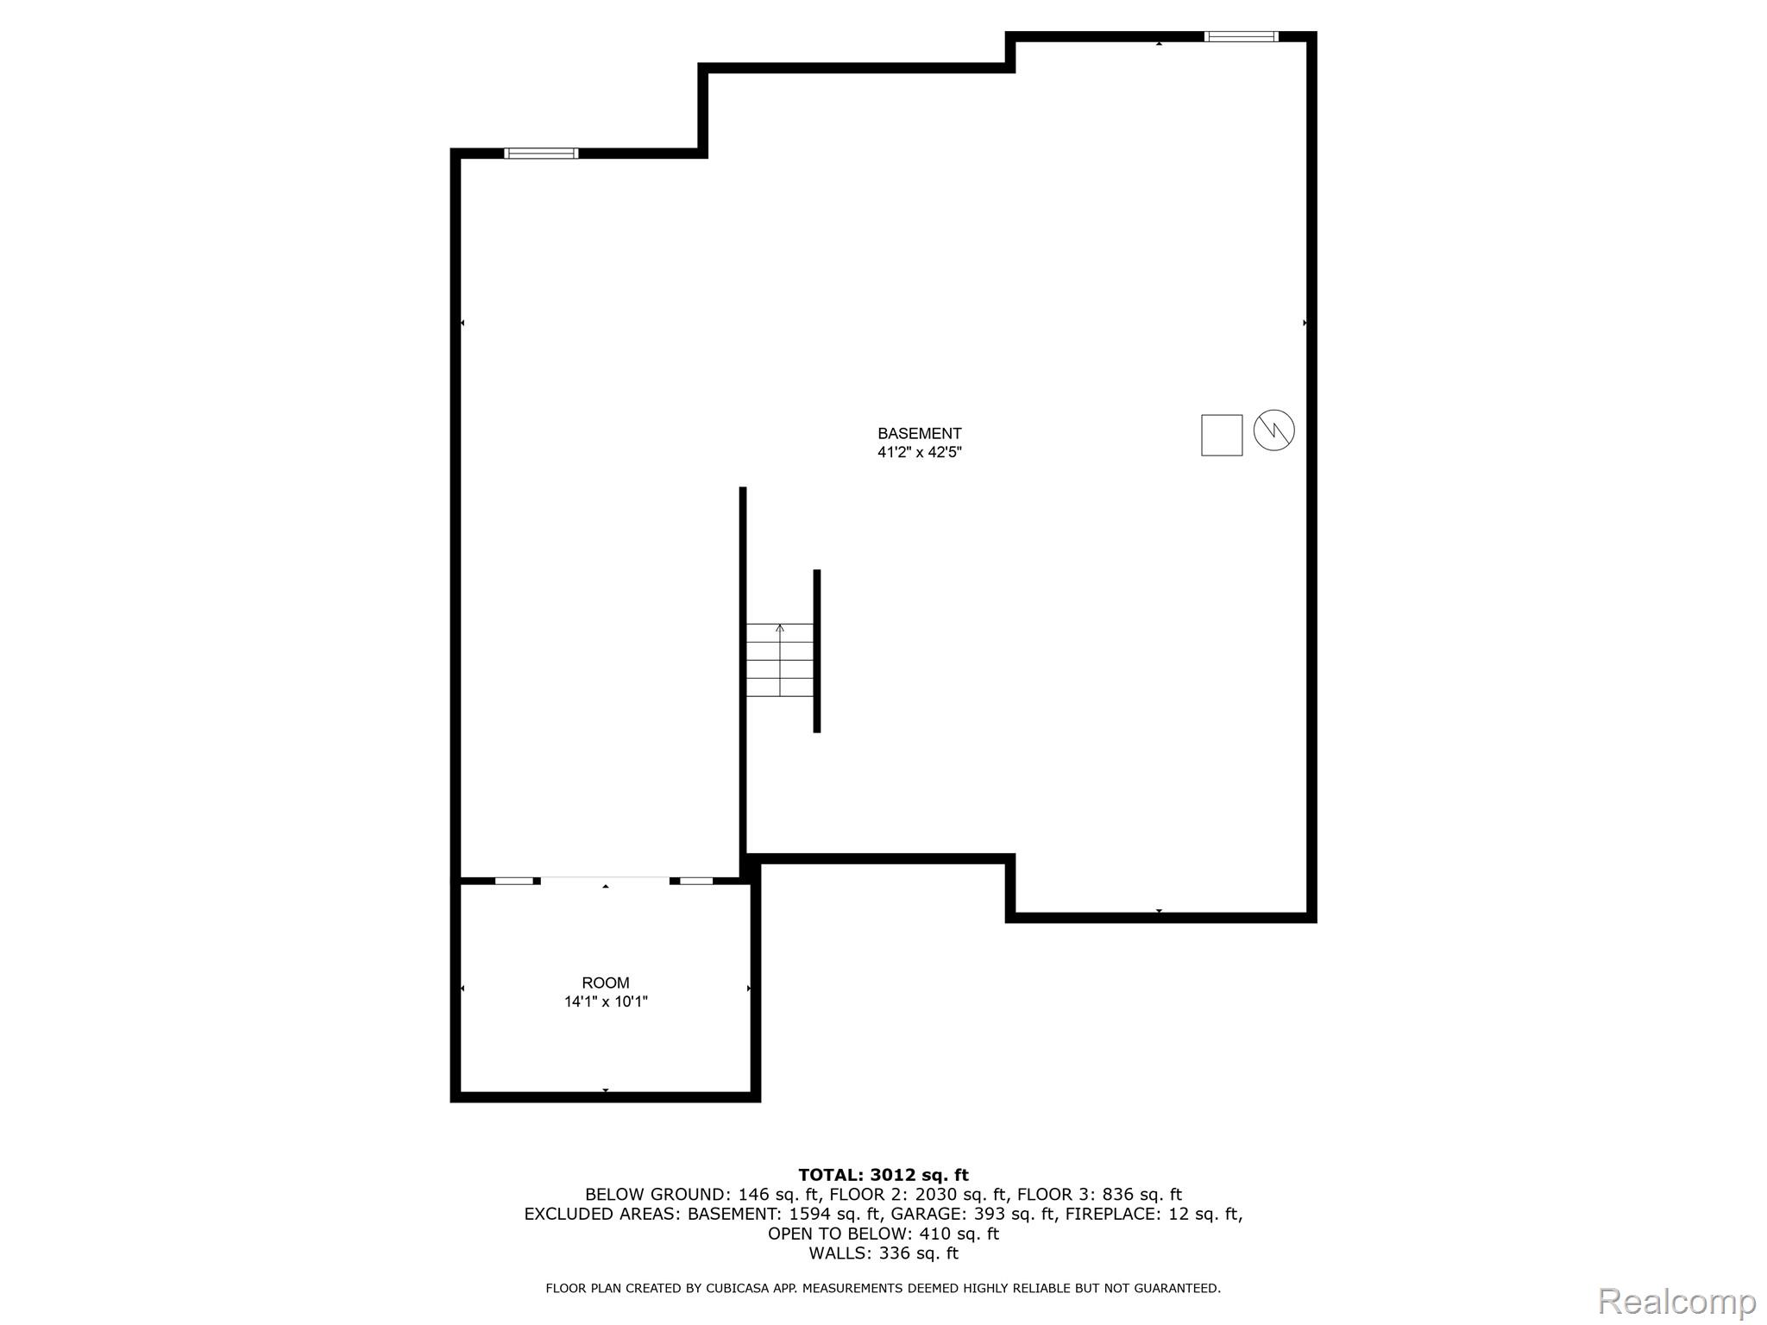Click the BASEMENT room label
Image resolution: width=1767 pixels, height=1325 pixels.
click(919, 434)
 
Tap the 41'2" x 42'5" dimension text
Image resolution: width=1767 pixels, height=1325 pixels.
click(919, 452)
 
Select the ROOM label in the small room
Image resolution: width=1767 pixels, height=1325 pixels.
click(606, 983)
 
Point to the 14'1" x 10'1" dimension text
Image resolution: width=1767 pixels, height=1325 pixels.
click(606, 1002)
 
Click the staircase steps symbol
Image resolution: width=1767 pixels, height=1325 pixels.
click(780, 660)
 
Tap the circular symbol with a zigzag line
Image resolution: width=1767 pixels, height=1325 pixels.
click(1273, 430)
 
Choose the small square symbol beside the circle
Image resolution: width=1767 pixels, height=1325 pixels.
click(1222, 435)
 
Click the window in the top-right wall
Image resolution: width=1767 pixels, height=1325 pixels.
click(1241, 36)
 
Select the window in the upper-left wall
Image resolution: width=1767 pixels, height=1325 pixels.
click(541, 154)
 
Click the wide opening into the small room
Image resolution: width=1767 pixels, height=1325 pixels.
click(605, 880)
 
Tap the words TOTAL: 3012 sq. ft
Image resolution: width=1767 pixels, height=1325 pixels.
click(883, 1175)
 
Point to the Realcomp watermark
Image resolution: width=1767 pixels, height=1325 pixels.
click(1676, 1302)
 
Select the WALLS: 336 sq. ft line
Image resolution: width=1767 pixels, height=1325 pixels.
click(883, 1253)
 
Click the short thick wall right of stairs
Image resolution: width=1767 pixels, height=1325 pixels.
click(817, 650)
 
